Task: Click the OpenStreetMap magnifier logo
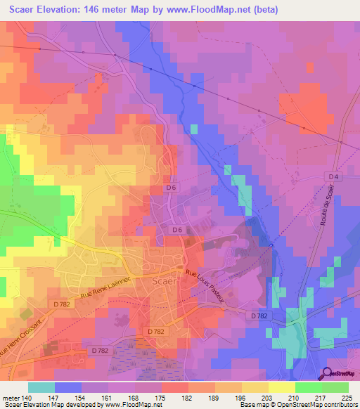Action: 327,375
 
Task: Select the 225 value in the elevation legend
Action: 348,397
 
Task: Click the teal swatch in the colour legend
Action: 41,387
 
